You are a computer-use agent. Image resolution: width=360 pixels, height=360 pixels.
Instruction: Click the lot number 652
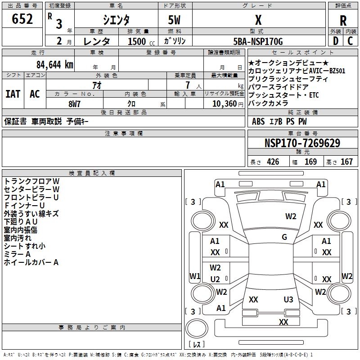22,19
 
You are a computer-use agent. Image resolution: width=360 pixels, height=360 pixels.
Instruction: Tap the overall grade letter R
343,21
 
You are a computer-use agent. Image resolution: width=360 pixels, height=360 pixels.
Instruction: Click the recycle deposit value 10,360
222,103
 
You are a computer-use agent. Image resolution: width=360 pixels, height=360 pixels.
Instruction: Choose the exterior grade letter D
335,41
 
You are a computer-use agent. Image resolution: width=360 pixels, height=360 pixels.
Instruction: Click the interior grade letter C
351,41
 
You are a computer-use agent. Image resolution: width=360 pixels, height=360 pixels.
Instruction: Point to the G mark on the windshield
284,237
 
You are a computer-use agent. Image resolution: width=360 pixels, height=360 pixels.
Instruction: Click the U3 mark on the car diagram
288,299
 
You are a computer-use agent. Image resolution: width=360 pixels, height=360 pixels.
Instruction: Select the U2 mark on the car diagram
215,279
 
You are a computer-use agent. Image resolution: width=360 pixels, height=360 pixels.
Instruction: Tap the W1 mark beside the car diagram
194,276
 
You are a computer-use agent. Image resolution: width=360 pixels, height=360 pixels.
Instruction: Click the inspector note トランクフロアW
31,181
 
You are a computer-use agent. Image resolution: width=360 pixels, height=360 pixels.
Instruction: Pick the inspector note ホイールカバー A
31,262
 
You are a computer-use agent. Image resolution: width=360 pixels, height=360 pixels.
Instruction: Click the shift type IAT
12,94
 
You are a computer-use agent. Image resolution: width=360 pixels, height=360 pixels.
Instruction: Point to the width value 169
310,162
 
